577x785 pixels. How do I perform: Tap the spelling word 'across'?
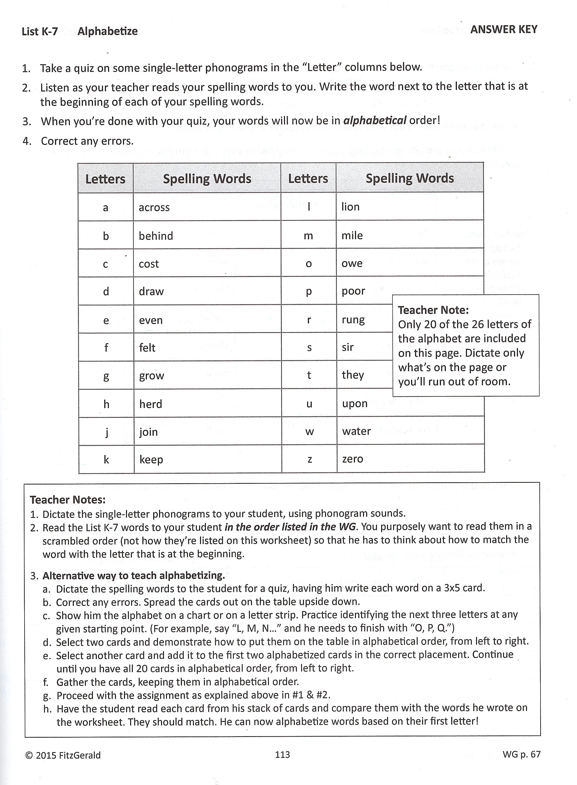coord(154,208)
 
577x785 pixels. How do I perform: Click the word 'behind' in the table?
coord(156,236)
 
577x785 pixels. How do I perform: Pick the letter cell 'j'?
coord(107,432)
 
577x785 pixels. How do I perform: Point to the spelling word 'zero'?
coord(352,459)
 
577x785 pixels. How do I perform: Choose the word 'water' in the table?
coord(356,431)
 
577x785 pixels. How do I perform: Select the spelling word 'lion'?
coord(350,207)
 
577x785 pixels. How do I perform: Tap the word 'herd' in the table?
coord(151,404)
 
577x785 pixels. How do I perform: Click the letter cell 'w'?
coord(309,432)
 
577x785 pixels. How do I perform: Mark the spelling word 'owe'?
coord(352,263)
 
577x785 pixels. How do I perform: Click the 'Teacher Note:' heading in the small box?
coord(433,310)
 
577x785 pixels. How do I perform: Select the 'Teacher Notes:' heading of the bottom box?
coord(68,500)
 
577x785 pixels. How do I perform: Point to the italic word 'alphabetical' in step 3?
coord(375,121)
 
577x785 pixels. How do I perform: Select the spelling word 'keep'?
coord(151,460)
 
